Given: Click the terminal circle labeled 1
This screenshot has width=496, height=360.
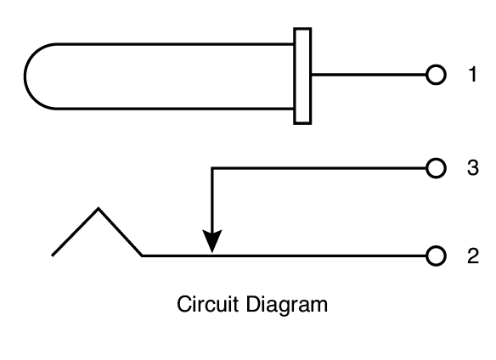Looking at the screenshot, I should pyautogui.click(x=435, y=76).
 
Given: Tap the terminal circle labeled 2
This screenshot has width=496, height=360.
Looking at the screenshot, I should pyautogui.click(x=435, y=255).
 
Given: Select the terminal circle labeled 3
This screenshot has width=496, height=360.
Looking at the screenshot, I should pyautogui.click(x=435, y=167).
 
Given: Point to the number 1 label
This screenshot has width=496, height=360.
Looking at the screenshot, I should pyautogui.click(x=472, y=75).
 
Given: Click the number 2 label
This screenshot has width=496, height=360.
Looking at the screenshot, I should pyautogui.click(x=472, y=255).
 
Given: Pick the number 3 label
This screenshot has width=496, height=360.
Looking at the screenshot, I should pyautogui.click(x=472, y=167).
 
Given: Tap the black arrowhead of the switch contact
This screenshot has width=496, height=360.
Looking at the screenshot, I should pyautogui.click(x=212, y=242).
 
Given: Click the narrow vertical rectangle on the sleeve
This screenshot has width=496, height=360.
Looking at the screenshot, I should pyautogui.click(x=302, y=76).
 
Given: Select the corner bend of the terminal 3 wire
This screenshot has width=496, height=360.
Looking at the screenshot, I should pyautogui.click(x=212, y=168).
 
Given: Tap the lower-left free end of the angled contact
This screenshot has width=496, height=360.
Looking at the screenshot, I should pyautogui.click(x=54, y=254).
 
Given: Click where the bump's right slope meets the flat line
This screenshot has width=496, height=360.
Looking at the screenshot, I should pyautogui.click(x=142, y=255).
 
